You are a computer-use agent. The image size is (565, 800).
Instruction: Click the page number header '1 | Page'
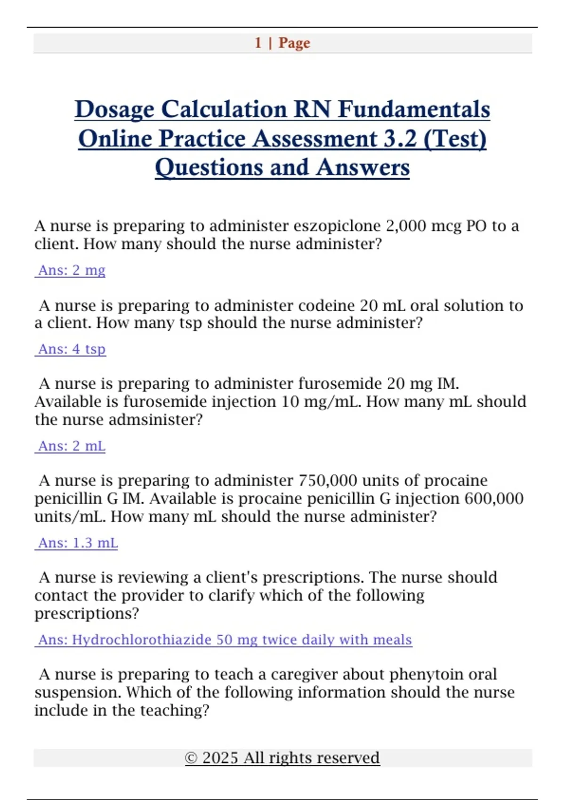click(282, 43)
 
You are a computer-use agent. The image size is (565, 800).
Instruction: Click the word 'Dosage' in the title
click(114, 110)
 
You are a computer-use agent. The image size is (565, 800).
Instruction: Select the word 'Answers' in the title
click(363, 168)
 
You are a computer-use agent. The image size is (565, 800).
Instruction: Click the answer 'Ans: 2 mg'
click(71, 271)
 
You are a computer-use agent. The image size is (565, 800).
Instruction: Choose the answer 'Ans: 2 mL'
click(71, 446)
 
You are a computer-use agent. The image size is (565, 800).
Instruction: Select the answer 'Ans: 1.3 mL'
click(78, 543)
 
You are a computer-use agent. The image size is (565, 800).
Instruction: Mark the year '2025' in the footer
click(220, 758)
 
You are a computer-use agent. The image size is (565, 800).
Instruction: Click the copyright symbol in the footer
click(191, 758)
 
